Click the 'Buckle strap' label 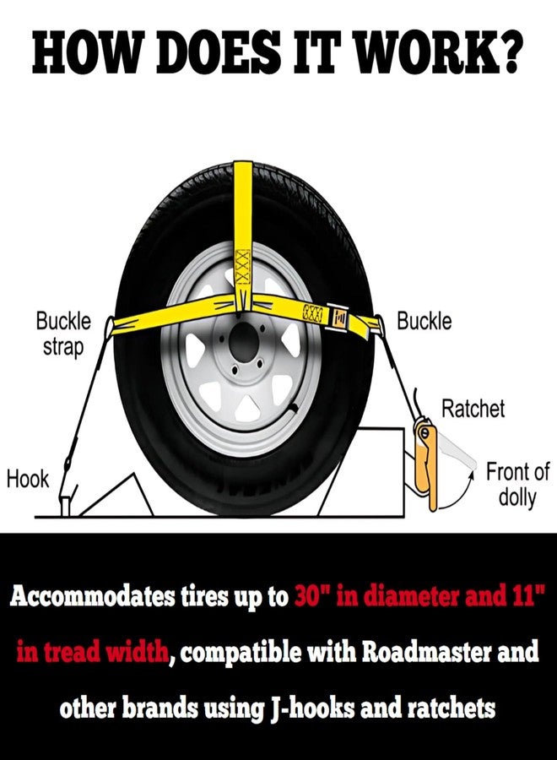pos(63,334)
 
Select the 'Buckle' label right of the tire pos(424,322)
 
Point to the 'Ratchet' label pos(473,409)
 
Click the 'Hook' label pos(28,480)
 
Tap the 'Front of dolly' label pos(517,484)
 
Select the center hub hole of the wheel pos(243,342)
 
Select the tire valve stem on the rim pos(292,408)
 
